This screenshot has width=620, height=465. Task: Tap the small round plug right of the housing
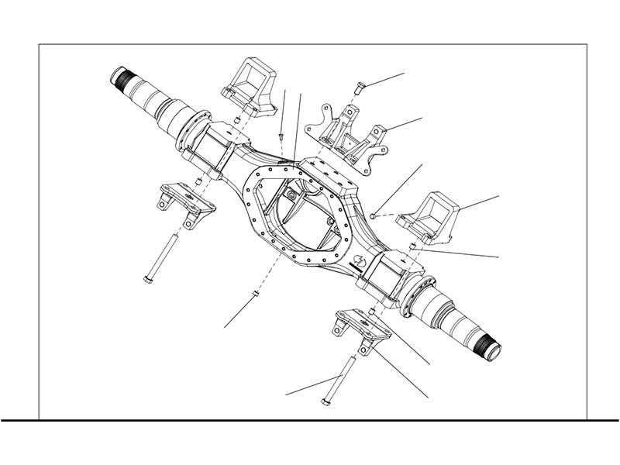pos(373,213)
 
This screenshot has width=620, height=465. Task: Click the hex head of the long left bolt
pos(147,279)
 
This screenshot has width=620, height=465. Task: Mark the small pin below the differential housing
pos(254,294)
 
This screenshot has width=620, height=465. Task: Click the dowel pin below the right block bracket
pos(412,247)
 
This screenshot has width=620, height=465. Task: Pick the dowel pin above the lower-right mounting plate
pos(373,311)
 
